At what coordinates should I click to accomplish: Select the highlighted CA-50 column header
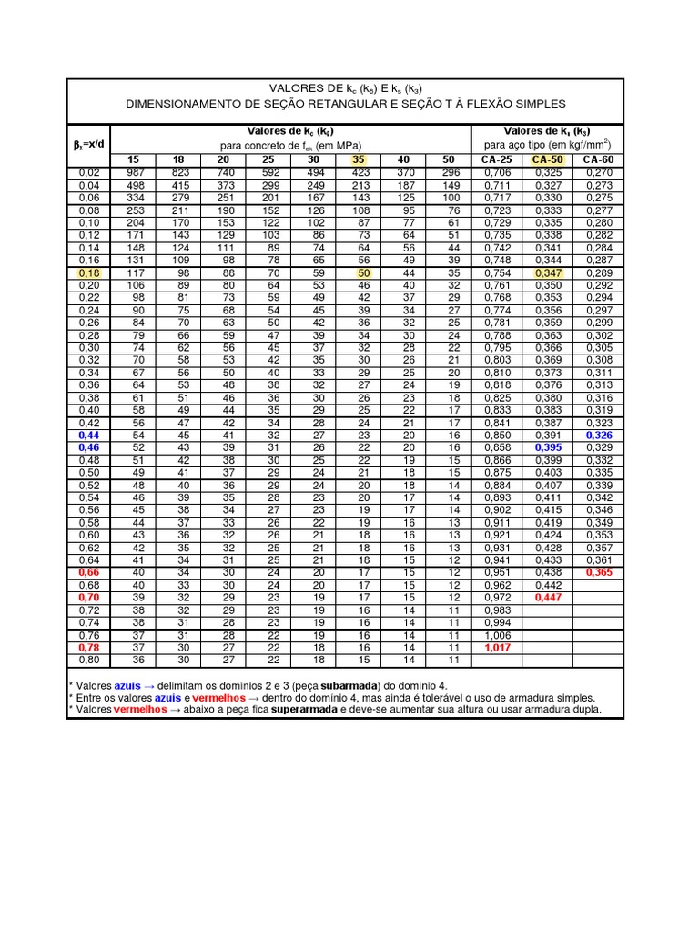(x=548, y=159)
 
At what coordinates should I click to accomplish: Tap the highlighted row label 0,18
(x=89, y=272)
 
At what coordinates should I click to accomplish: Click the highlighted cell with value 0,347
(x=548, y=272)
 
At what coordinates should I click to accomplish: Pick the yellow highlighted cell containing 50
(x=363, y=272)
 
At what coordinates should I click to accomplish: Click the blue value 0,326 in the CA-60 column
(x=598, y=436)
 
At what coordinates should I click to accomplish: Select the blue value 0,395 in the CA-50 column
(x=548, y=448)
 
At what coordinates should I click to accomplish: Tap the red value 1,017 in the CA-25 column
(x=496, y=647)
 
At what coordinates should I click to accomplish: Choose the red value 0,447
(x=548, y=597)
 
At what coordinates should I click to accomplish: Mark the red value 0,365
(x=598, y=571)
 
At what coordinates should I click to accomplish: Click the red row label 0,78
(x=89, y=647)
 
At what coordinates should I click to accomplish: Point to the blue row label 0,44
(x=89, y=436)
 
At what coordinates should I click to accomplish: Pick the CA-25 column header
(x=496, y=159)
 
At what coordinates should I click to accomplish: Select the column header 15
(x=134, y=159)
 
